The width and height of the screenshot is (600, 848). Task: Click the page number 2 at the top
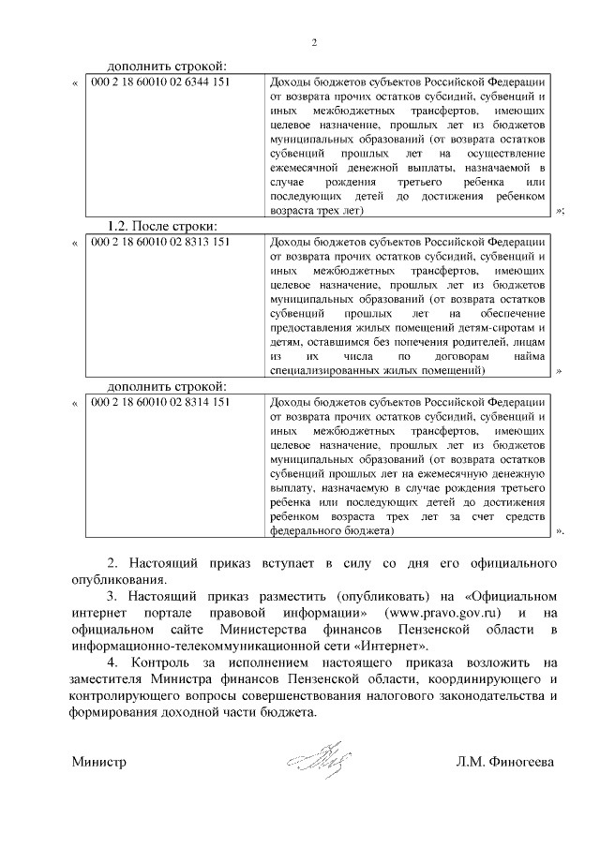314,43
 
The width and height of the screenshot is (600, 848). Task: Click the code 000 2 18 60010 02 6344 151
160,82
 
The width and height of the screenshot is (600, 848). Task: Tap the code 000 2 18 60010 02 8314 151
160,402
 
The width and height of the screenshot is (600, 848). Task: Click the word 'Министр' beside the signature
99,763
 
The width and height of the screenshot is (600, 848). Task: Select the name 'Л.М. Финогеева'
505,763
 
